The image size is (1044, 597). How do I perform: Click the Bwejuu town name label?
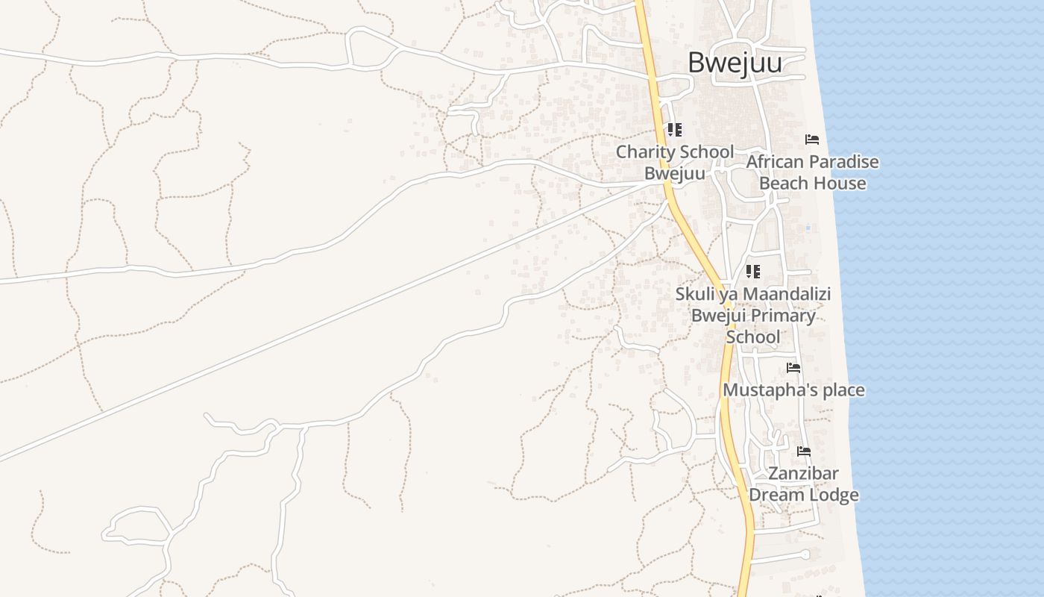click(x=735, y=63)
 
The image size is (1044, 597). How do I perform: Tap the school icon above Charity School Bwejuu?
click(x=674, y=131)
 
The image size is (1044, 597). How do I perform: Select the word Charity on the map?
click(x=645, y=152)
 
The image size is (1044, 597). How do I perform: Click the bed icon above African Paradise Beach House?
click(x=812, y=140)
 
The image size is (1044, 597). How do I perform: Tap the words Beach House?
click(x=812, y=184)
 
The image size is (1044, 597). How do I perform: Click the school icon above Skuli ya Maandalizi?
click(x=753, y=272)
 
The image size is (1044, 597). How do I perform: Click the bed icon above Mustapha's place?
click(x=793, y=368)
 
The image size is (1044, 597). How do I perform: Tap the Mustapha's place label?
click(x=793, y=390)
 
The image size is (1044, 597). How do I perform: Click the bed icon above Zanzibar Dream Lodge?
click(x=803, y=451)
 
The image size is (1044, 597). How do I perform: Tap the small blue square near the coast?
click(x=808, y=228)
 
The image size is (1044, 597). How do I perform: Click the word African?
click(x=776, y=162)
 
